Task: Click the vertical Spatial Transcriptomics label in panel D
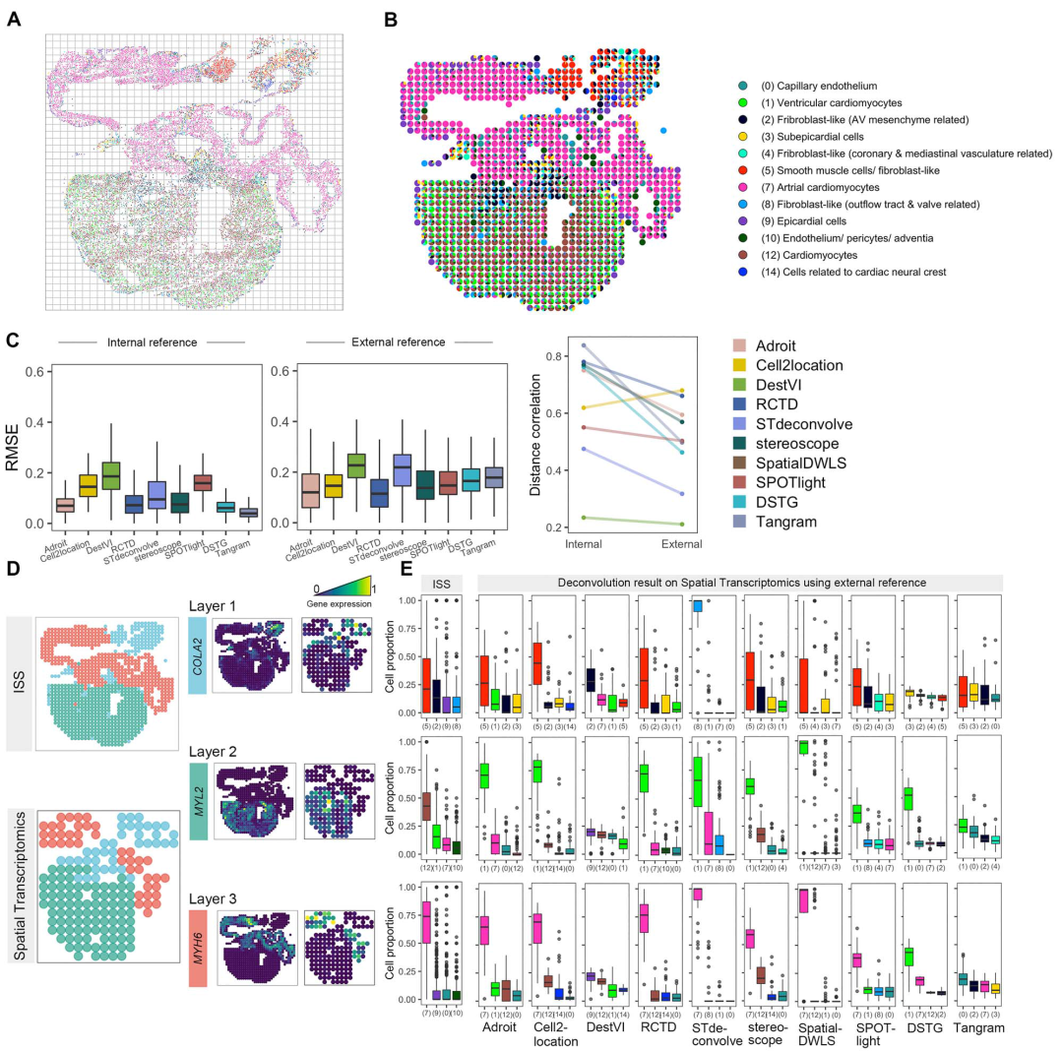click(18, 874)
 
